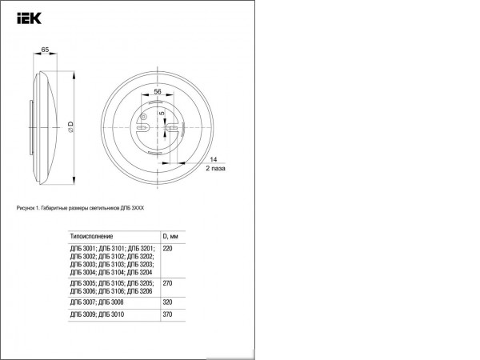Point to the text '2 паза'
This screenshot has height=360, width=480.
tap(216, 170)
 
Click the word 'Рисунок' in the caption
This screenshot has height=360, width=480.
tap(26, 208)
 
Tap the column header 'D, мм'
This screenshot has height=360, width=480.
tap(171, 237)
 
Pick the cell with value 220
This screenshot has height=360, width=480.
tap(168, 250)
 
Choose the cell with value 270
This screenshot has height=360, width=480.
tap(168, 283)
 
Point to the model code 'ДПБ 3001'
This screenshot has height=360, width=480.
tap(83, 250)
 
